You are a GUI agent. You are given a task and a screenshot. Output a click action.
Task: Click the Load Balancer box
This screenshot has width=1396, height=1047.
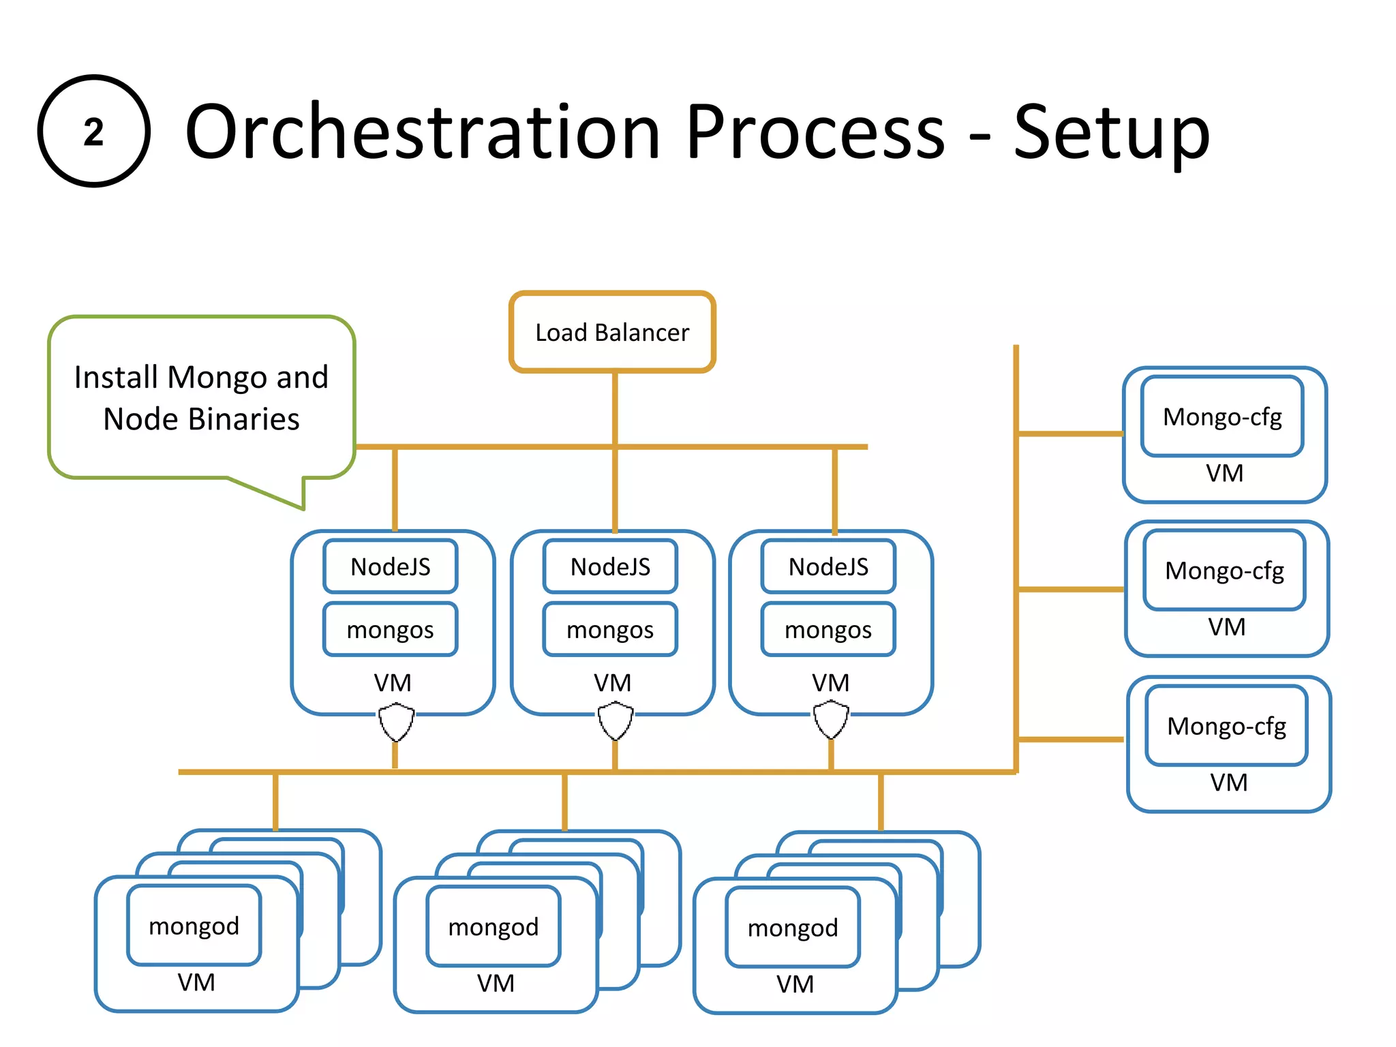(x=611, y=333)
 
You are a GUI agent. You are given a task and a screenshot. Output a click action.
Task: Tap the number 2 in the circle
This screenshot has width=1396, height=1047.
(x=93, y=132)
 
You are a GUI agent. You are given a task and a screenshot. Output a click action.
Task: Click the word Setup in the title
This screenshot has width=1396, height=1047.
(x=1111, y=133)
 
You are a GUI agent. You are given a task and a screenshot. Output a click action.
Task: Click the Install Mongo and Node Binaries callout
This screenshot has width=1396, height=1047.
(x=201, y=397)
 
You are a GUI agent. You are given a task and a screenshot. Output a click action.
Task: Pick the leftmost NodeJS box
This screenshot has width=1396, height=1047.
(x=390, y=566)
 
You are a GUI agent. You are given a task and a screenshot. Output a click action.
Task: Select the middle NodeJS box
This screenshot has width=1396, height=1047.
(x=610, y=566)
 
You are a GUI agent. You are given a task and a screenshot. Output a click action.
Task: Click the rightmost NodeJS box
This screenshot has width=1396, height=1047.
(x=828, y=566)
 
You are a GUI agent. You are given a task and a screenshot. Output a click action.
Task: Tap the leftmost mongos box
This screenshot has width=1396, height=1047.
(x=390, y=629)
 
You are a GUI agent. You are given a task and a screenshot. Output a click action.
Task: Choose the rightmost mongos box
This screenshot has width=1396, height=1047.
(x=828, y=629)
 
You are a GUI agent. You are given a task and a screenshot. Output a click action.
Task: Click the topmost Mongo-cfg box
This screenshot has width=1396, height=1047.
(x=1222, y=416)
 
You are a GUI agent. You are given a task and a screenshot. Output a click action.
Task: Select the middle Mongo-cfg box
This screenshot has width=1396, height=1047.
(x=1224, y=571)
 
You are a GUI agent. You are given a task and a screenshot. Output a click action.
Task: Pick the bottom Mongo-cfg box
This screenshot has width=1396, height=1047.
(x=1226, y=726)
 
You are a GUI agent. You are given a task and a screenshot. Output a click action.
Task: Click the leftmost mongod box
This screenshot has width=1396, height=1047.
(x=194, y=926)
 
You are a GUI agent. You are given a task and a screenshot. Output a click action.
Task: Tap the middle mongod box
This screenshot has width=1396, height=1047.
(x=494, y=927)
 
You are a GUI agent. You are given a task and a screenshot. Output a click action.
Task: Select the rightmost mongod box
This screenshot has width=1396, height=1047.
(x=793, y=928)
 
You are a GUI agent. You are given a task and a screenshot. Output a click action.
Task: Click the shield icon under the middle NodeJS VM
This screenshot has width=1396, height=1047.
(x=615, y=722)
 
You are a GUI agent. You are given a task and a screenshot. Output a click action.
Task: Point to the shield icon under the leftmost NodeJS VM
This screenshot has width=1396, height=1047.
(x=396, y=723)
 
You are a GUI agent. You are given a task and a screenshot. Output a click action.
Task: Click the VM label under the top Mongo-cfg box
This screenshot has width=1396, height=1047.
(x=1224, y=473)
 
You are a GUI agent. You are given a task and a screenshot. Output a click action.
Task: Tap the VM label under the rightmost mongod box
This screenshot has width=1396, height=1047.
(x=795, y=984)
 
